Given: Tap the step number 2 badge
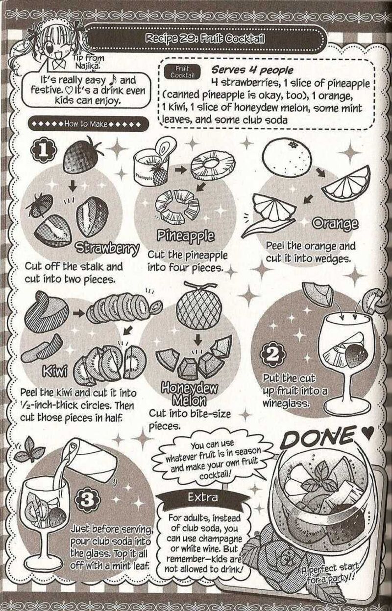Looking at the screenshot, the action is pos(273,354).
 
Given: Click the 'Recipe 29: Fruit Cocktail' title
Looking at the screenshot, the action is pos(205,39).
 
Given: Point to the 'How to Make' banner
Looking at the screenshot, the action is pos(88,124).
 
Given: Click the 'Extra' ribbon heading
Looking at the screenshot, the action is pos(202,497).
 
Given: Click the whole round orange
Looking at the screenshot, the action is pos(288,157).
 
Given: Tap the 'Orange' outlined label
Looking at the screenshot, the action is pos(335,224).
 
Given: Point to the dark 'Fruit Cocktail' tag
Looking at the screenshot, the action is pos(182,72).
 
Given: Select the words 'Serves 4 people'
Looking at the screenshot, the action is pos(252,70).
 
